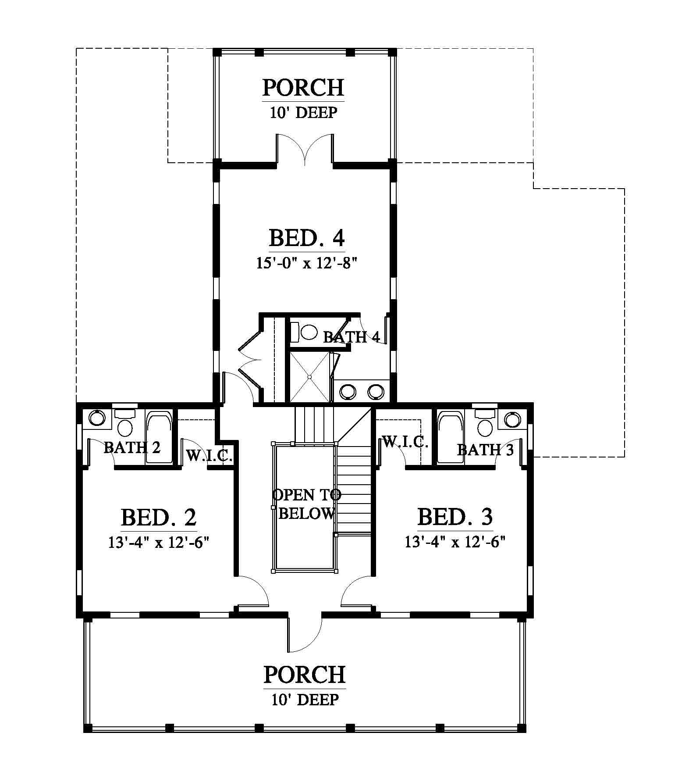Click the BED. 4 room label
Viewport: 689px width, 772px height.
click(306, 238)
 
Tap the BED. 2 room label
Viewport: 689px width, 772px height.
click(159, 517)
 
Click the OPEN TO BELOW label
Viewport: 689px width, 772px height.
click(306, 504)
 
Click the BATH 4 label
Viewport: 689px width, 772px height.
click(351, 337)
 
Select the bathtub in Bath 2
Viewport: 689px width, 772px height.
click(159, 437)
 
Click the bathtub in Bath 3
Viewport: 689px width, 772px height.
click(451, 437)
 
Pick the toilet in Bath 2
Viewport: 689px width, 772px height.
click(125, 423)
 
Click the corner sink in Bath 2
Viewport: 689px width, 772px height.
click(97, 418)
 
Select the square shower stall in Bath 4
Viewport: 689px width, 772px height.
click(309, 377)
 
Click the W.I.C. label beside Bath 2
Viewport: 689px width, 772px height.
click(209, 456)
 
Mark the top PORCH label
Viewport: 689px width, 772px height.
click(303, 88)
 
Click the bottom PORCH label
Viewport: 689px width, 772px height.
click(304, 675)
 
